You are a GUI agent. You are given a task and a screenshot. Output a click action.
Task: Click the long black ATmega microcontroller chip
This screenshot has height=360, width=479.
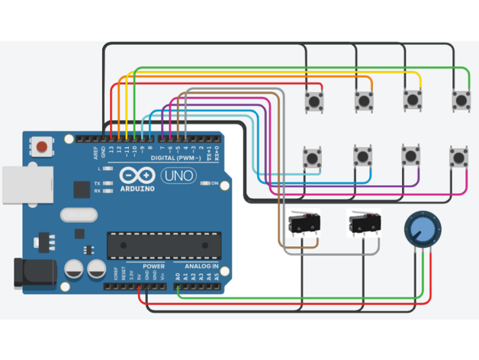point(163,244)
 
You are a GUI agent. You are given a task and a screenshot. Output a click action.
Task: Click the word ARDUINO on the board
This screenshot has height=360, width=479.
point(137,188)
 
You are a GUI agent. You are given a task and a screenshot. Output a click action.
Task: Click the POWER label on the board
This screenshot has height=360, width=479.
point(153,267)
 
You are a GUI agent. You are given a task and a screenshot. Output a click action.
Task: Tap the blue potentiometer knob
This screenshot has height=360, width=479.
point(421,230)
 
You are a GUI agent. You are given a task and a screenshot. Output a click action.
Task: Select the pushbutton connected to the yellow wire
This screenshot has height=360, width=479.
point(413,99)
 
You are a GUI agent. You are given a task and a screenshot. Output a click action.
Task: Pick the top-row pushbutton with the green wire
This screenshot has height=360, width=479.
point(461,99)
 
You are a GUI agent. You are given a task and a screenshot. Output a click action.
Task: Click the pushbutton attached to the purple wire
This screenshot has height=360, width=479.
point(413,156)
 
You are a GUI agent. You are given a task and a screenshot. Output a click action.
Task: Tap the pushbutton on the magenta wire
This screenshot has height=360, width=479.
point(458,156)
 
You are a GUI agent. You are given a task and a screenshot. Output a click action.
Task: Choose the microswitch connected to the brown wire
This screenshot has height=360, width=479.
point(304,224)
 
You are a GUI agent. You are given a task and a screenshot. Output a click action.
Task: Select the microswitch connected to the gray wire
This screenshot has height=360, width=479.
point(364,223)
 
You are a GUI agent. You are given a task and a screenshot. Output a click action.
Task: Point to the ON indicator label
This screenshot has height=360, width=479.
point(215,184)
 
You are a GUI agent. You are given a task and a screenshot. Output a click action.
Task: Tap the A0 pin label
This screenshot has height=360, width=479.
point(178,276)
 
